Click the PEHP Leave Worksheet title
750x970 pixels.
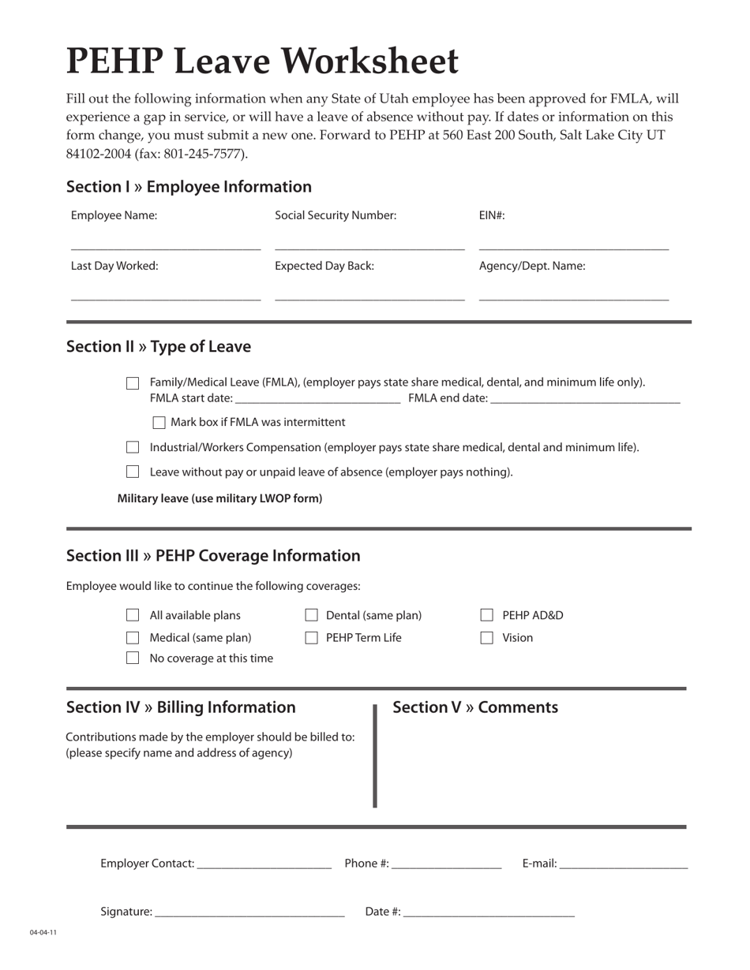click(262, 62)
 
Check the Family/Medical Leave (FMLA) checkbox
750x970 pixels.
click(133, 383)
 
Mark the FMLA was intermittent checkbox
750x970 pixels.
click(159, 423)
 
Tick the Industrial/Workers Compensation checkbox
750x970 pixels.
click(133, 448)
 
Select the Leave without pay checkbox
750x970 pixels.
click(133, 472)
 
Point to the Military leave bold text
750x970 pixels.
click(219, 498)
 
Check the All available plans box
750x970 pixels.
click(133, 616)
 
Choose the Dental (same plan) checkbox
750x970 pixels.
click(312, 616)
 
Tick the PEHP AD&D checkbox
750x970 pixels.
click(487, 616)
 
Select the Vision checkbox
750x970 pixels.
click(487, 638)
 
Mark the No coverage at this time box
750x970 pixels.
click(133, 658)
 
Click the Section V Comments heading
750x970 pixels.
click(475, 707)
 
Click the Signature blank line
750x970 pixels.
click(249, 915)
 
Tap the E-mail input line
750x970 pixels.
click(623, 867)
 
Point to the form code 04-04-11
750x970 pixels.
click(43, 933)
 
